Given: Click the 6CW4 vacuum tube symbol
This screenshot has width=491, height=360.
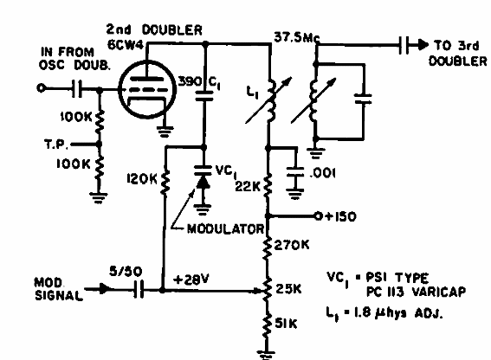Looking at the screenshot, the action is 147,89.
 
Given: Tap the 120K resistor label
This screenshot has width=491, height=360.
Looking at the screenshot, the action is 141,179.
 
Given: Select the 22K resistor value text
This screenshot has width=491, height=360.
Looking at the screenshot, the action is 248,187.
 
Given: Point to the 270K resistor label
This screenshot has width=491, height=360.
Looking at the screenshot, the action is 292,245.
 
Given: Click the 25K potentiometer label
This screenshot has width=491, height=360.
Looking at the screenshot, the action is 288,289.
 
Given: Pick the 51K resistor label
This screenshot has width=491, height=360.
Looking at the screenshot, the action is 286,324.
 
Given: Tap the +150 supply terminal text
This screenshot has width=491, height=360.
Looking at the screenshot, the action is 339,216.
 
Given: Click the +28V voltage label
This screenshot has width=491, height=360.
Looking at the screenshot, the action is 191,279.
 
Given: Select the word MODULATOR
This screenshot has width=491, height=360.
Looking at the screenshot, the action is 225,229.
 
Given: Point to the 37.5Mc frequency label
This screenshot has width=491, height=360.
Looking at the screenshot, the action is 297,38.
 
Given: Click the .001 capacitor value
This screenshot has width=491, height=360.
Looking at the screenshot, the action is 323,173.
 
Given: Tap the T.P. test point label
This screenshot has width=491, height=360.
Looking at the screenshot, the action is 56,145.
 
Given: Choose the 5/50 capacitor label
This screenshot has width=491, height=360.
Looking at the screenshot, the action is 126,271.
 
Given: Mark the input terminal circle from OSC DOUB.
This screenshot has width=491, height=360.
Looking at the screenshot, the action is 41,88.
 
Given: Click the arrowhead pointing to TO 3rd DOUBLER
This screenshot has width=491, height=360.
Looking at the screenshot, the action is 423,45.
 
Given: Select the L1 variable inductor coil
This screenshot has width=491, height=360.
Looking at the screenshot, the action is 271,100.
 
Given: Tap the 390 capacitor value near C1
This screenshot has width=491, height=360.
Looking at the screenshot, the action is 190,81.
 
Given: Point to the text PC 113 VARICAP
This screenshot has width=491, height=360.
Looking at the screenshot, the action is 417,292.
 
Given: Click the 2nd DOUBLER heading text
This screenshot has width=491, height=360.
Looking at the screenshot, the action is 154,29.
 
